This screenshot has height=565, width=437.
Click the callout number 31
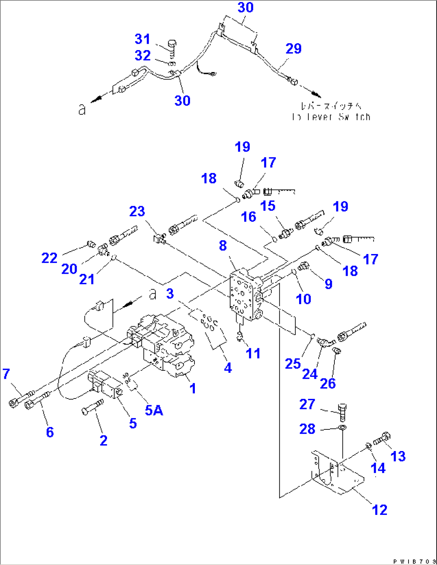coord(142,39)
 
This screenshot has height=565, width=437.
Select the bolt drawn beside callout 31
coord(172,48)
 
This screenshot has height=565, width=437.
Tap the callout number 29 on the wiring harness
coord(293,49)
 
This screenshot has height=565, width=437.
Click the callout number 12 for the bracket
coord(380,510)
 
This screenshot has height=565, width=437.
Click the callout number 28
coord(308,429)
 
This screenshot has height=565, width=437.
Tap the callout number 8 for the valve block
coord(223,246)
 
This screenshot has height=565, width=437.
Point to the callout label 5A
coord(154,410)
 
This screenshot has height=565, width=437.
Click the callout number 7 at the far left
coord(6,374)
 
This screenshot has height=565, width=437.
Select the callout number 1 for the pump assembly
coord(193,388)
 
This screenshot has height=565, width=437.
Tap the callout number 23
coord(137,211)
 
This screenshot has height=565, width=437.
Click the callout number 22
coord(49,258)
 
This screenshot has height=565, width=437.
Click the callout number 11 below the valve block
coord(253,354)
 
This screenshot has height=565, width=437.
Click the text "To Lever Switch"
coord(331,117)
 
